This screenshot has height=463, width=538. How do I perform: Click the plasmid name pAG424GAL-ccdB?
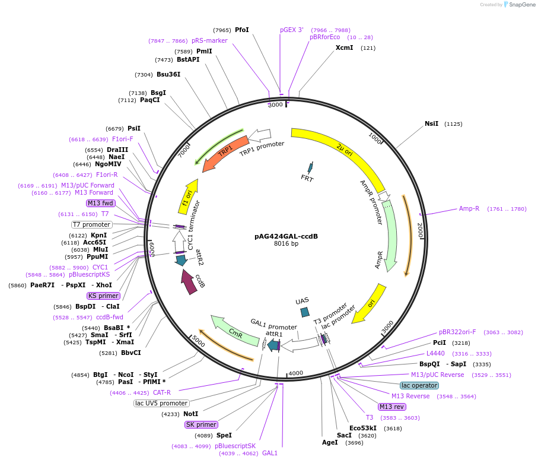coord(286,236)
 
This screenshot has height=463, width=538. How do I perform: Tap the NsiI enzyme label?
coord(431,124)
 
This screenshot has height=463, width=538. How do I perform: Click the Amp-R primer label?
coord(469,208)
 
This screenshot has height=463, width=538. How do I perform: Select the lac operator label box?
coord(419,385)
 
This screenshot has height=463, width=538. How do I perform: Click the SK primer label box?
coord(201,424)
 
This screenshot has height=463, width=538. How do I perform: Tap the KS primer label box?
coord(103,296)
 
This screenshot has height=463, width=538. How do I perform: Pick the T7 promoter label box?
coord(91,224)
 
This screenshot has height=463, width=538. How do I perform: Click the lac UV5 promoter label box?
coord(161,403)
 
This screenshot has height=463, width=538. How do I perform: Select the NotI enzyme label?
coord(190,414)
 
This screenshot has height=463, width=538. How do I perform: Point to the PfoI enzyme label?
coord(241,30)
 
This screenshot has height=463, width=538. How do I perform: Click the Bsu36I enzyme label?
coord(168,74)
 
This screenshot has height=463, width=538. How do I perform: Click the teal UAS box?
coord(305,312)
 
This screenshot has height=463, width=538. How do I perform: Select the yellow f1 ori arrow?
coord(188,196)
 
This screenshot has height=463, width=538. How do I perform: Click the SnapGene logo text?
coord(520,5)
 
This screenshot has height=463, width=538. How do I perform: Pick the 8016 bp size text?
coord(286,243)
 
